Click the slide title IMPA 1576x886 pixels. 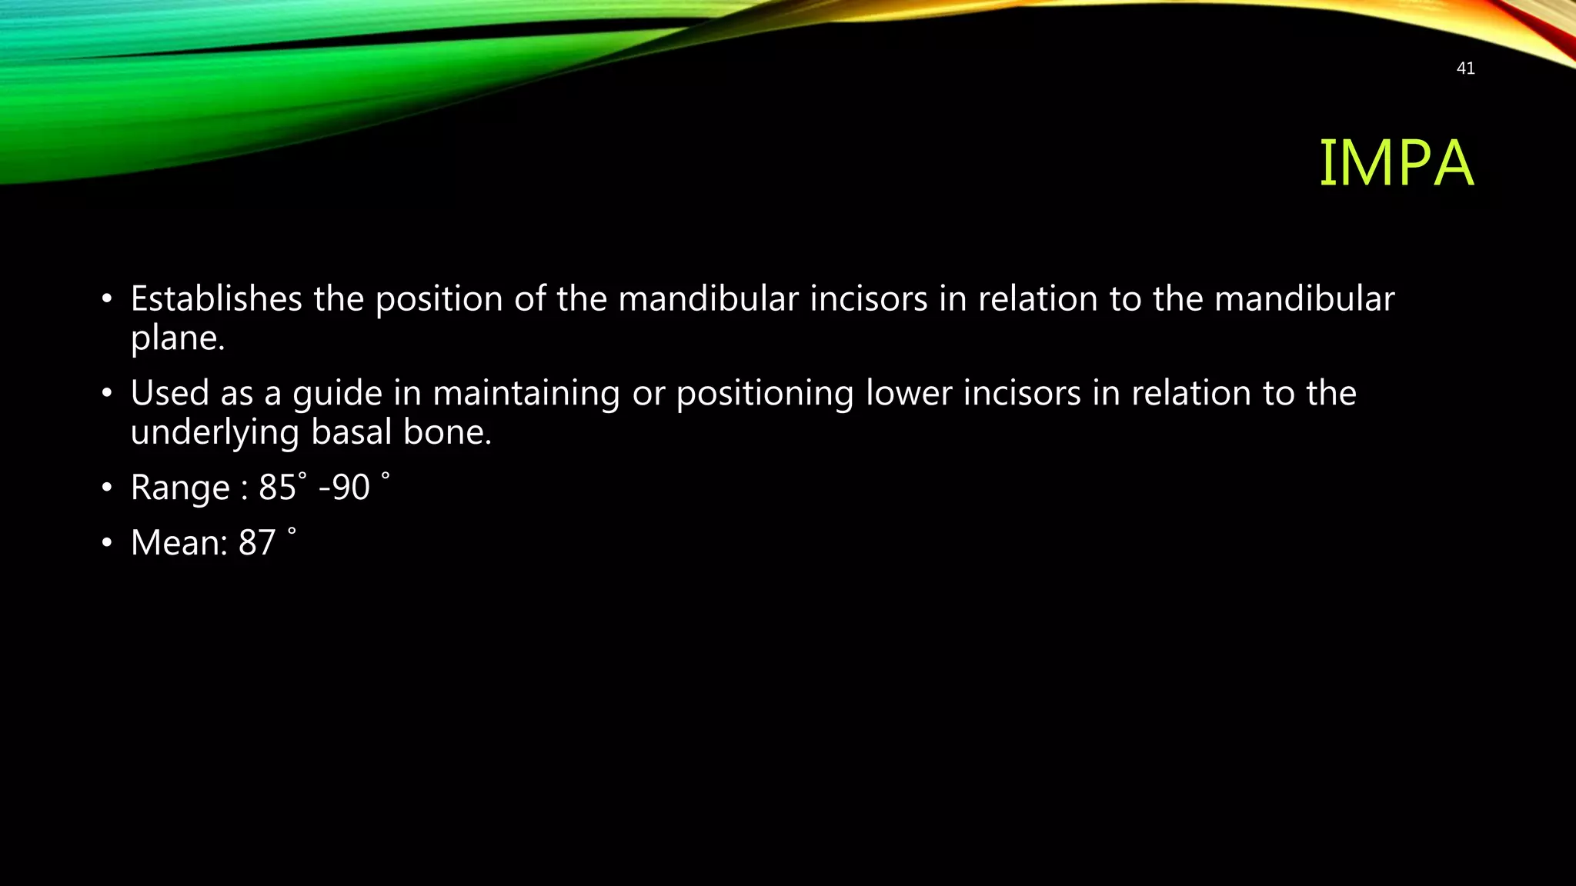1396,163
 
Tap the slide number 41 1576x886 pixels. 1465,68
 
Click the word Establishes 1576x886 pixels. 216,298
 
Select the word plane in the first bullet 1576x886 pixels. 176,338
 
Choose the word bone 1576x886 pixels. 447,431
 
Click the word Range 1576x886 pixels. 180,488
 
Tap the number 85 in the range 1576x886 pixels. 277,488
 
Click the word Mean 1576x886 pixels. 179,543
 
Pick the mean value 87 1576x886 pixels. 257,543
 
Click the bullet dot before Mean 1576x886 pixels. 108,544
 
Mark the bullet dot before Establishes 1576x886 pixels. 108,299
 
